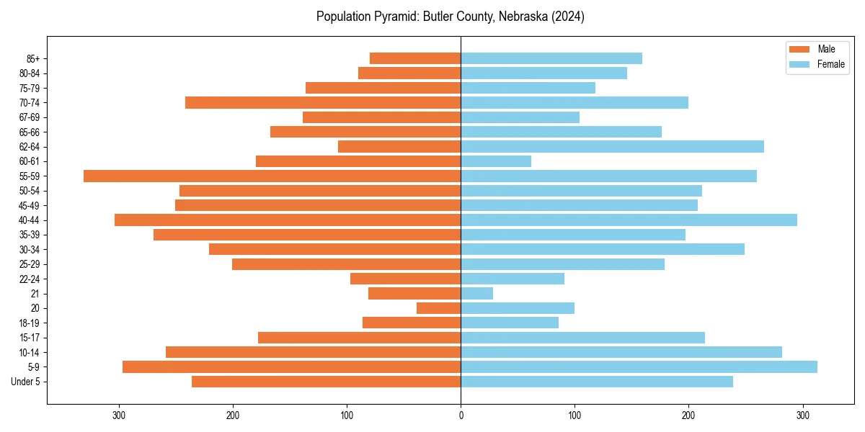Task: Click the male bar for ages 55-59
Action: pyautogui.click(x=272, y=176)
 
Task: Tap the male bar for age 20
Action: pyautogui.click(x=438, y=308)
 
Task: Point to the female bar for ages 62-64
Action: pyautogui.click(x=612, y=146)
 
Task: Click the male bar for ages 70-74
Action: pyautogui.click(x=323, y=102)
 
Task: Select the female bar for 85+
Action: pyautogui.click(x=551, y=58)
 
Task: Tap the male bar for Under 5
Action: pyautogui.click(x=326, y=382)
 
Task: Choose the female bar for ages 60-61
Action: pyautogui.click(x=496, y=161)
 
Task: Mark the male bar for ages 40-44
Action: pyautogui.click(x=288, y=220)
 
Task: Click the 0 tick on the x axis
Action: pyautogui.click(x=461, y=415)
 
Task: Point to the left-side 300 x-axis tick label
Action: pyautogui.click(x=120, y=415)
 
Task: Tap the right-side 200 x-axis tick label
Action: pyautogui.click(x=688, y=415)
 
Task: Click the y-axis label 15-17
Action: pyautogui.click(x=30, y=338)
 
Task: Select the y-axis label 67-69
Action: pyautogui.click(x=30, y=117)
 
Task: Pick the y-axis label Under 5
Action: pyautogui.click(x=26, y=382)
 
